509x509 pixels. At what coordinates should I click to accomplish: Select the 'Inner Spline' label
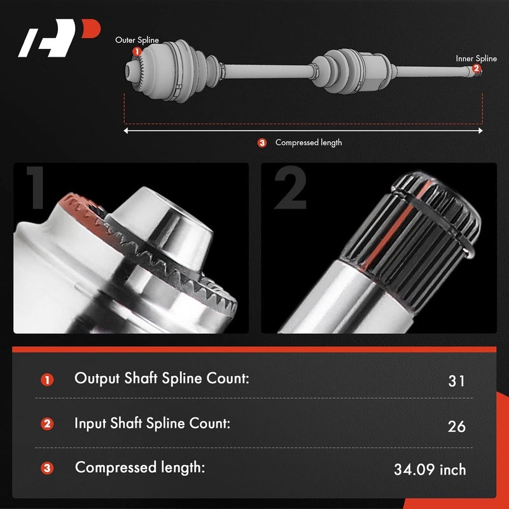click(476, 59)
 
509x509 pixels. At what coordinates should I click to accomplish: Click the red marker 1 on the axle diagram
click(137, 51)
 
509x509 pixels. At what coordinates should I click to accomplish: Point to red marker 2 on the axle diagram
click(477, 69)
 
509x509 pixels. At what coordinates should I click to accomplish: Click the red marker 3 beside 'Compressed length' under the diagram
click(262, 143)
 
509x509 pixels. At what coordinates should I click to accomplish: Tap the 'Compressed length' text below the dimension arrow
click(308, 143)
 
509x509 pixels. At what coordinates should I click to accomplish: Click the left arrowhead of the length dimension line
click(127, 130)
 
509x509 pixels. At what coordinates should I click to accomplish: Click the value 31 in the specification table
click(456, 381)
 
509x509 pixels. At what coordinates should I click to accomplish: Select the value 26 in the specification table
click(456, 426)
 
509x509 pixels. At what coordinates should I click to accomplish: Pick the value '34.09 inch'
click(430, 470)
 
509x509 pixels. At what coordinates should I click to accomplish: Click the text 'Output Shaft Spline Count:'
click(162, 378)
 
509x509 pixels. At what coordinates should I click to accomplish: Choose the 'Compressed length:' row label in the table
click(139, 468)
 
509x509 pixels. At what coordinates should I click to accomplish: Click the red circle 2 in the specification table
click(47, 424)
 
